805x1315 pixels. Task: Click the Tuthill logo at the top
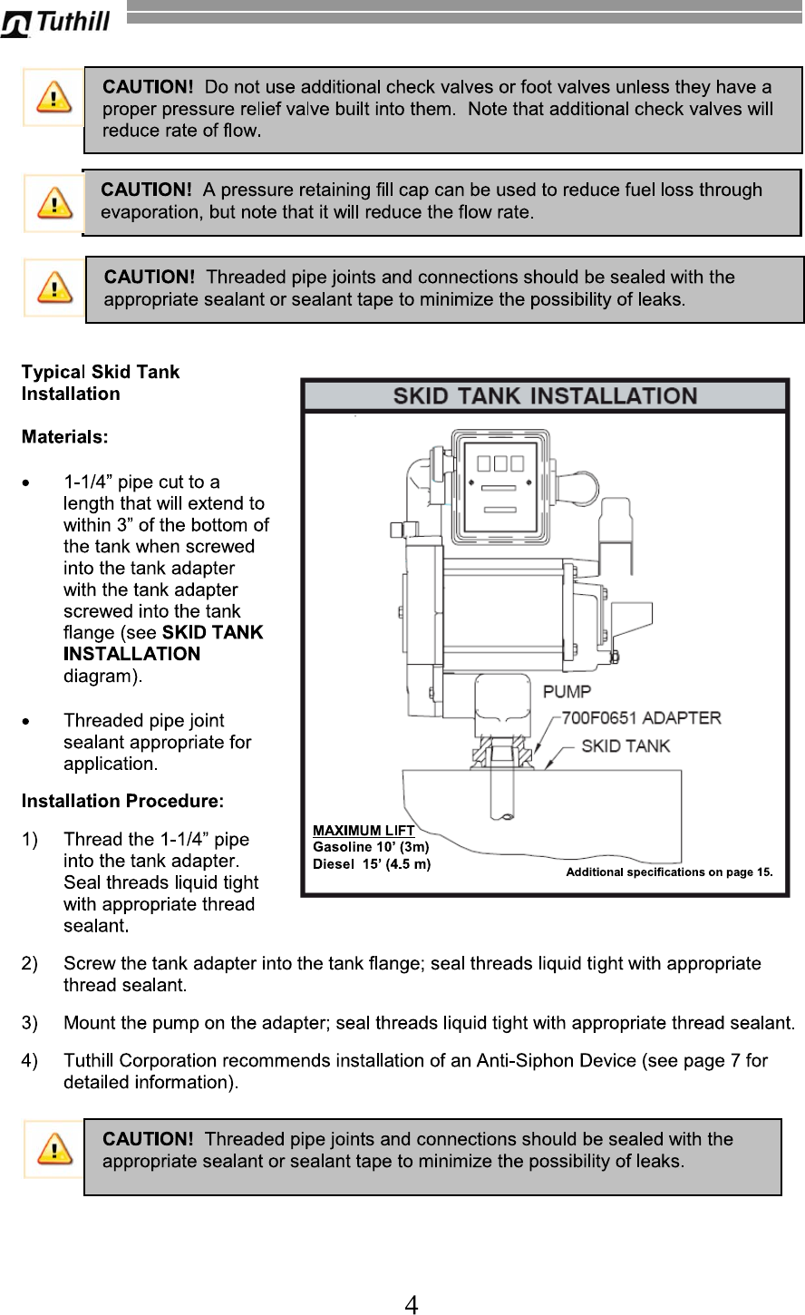coord(56,22)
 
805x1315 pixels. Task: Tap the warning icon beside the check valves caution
coord(53,97)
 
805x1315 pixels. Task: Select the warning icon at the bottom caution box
coord(53,1149)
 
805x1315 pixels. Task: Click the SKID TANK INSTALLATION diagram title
coord(545,395)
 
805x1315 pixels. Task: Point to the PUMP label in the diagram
coord(567,692)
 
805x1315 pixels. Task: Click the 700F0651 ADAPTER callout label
coord(642,718)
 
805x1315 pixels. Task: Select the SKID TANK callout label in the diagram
coord(626,746)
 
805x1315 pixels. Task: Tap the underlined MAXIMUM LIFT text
coord(363,830)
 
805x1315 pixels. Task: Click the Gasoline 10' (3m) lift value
coord(370,847)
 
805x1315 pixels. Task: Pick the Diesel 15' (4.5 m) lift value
coord(371,863)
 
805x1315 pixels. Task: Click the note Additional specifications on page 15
coord(669,872)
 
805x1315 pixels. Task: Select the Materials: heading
coord(64,437)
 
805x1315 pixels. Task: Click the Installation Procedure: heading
coord(122,802)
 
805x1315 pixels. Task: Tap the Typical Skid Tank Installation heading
coord(100,383)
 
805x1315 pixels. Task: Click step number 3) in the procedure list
coord(30,1023)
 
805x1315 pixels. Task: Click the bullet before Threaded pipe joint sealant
coord(31,722)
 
